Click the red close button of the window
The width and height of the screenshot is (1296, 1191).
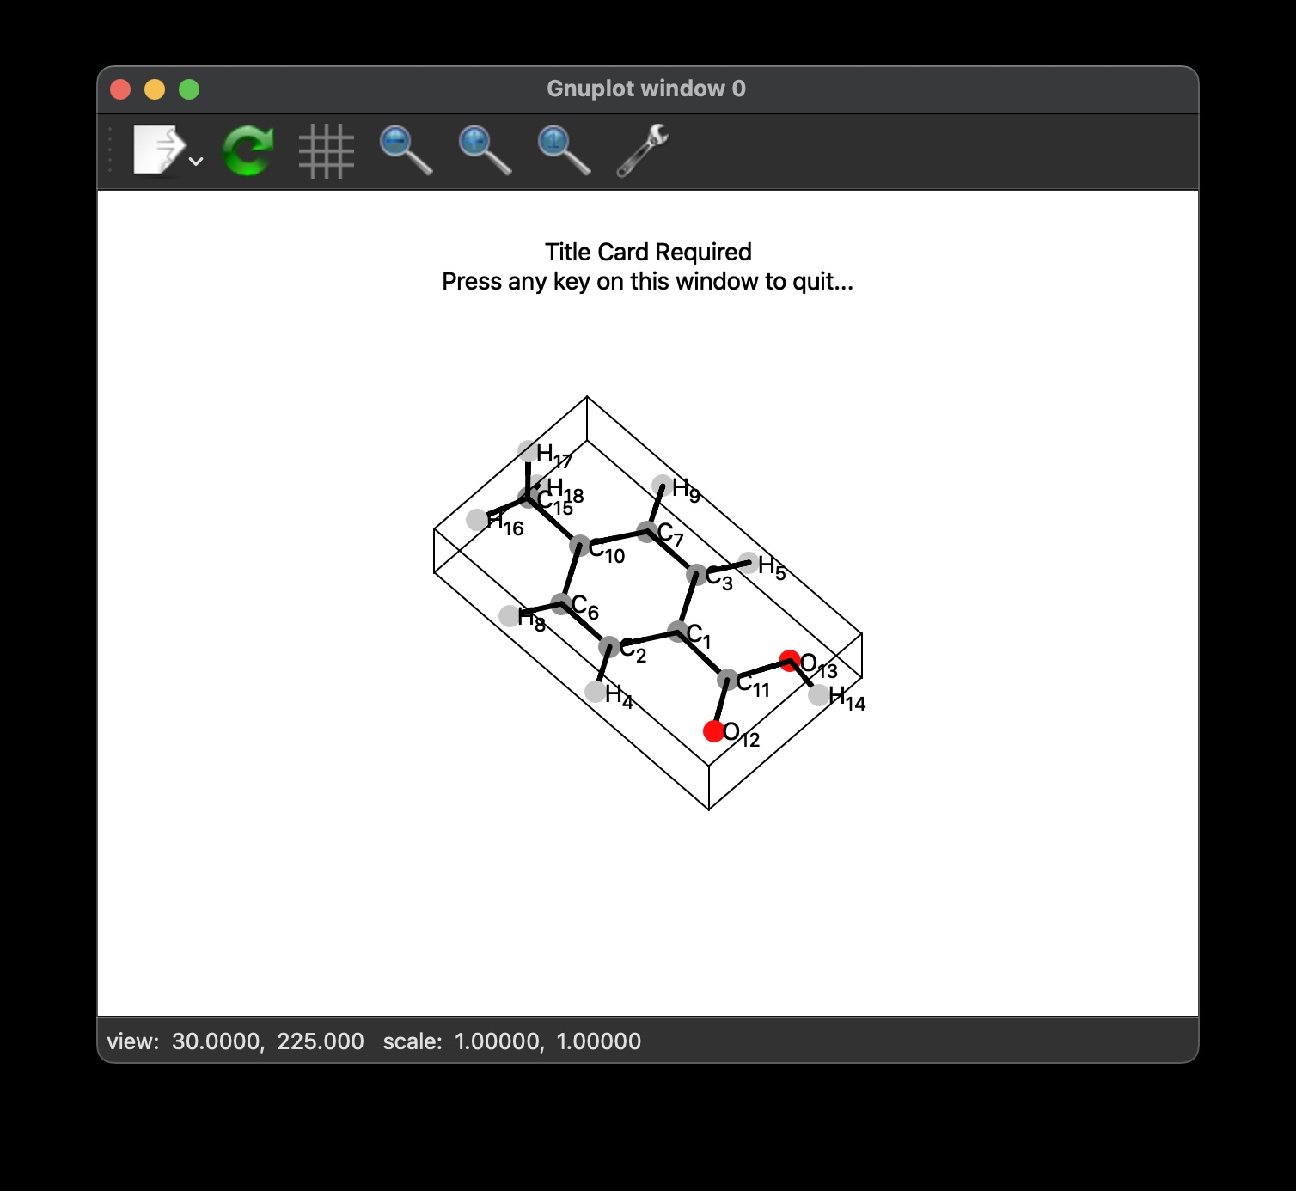click(120, 89)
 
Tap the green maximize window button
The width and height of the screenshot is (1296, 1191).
click(189, 89)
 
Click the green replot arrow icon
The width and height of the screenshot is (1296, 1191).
click(248, 150)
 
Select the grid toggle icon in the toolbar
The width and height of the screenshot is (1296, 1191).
click(327, 151)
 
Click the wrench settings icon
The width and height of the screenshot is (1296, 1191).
click(643, 150)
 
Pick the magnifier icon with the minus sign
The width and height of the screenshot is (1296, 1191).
click(406, 150)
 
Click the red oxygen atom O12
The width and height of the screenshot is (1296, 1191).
click(714, 731)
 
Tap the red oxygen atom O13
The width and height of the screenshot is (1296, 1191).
click(790, 661)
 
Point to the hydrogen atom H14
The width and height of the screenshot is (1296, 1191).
click(819, 694)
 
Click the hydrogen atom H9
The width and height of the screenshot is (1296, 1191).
click(663, 486)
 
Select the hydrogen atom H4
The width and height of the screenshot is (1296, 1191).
click(595, 692)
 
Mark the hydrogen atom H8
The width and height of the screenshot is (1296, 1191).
click(510, 616)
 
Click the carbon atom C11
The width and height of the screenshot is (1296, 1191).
click(728, 679)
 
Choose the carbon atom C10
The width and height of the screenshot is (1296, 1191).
click(580, 546)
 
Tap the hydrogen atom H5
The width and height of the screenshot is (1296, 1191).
click(749, 563)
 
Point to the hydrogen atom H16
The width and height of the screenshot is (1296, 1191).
click(477, 519)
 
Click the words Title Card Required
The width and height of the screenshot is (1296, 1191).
click(648, 252)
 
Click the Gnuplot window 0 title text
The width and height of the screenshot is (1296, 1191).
click(646, 89)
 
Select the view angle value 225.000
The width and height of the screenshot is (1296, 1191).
click(321, 1041)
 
